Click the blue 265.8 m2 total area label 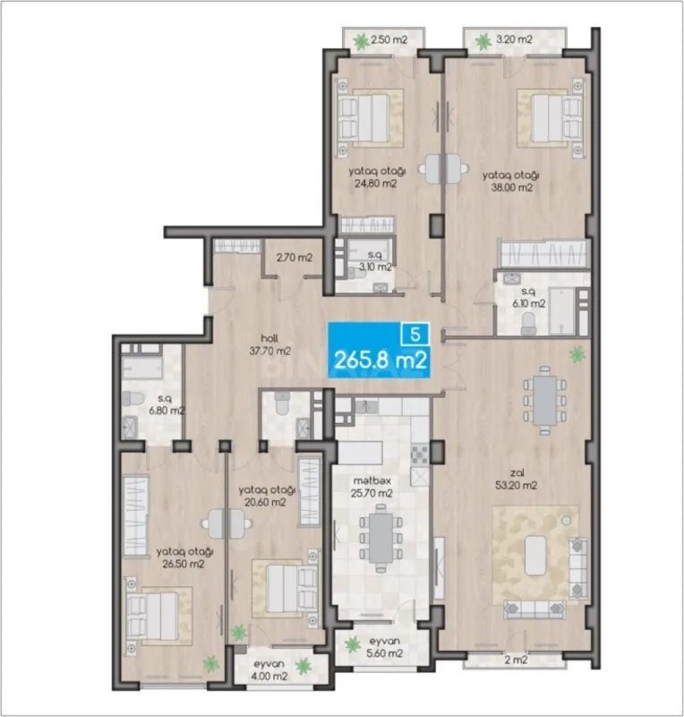click(x=379, y=360)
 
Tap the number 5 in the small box click(x=415, y=333)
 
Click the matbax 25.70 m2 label click(x=373, y=486)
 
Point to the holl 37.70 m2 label click(x=271, y=344)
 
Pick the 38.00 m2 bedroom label click(x=509, y=181)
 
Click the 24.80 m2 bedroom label click(x=374, y=177)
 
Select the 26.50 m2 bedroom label click(x=183, y=557)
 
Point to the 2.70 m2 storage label click(x=294, y=258)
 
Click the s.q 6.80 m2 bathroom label click(x=165, y=405)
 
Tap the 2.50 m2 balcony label click(x=389, y=39)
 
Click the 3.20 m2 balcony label click(x=514, y=39)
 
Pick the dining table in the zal click(x=543, y=400)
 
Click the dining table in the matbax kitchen click(x=380, y=534)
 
